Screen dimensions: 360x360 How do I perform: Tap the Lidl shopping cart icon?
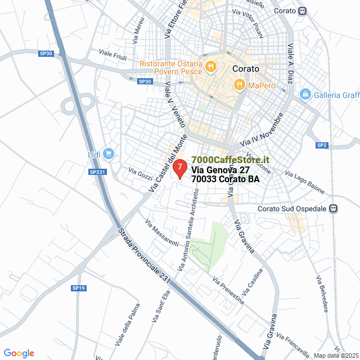click(109, 153)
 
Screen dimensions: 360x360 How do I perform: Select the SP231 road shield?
click(97, 172)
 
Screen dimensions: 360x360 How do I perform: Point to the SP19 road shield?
click(79, 288)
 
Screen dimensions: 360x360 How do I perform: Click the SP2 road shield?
click(322, 146)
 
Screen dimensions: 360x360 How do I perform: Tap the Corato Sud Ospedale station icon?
click(334, 209)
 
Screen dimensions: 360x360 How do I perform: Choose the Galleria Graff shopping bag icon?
click(305, 94)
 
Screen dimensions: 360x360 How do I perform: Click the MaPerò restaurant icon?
click(239, 85)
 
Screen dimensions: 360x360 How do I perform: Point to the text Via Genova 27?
click(220, 170)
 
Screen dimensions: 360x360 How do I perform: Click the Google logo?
click(19, 353)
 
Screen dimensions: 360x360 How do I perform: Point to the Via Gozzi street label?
click(141, 174)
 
